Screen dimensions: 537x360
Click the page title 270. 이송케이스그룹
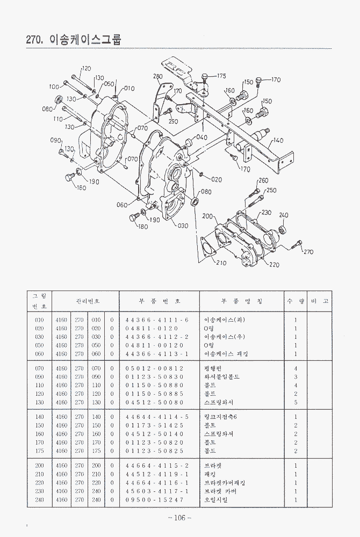74,40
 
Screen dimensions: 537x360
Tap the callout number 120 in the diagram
86,69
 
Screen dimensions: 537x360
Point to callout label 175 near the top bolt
221,76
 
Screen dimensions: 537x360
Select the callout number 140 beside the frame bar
278,141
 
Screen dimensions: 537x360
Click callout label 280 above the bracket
158,76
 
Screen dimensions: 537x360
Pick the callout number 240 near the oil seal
284,215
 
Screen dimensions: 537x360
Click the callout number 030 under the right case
183,226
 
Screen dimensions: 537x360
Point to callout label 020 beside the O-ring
217,179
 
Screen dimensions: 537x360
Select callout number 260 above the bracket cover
263,181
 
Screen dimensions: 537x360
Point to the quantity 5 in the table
296,402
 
